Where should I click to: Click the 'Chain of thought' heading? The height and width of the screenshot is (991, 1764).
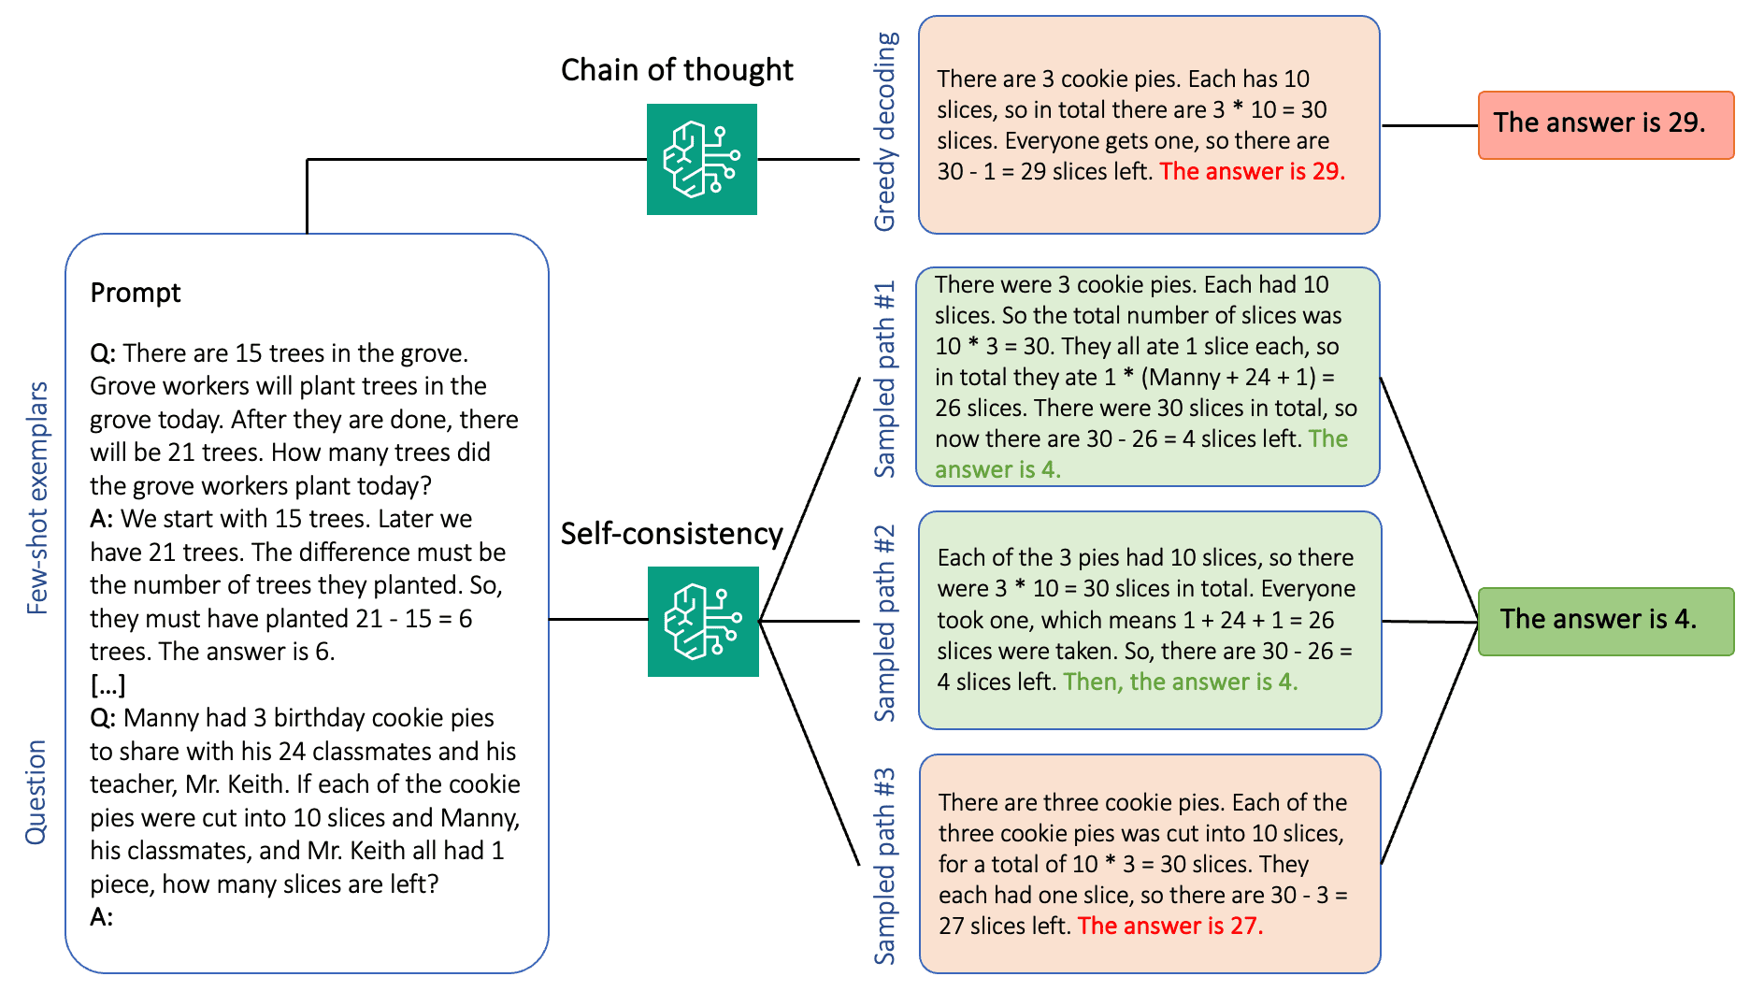click(x=677, y=70)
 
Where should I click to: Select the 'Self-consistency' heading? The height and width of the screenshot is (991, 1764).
click(x=671, y=534)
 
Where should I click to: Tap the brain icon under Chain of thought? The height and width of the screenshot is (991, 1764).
click(x=702, y=159)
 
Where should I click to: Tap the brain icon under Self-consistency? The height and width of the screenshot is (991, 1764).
click(x=703, y=622)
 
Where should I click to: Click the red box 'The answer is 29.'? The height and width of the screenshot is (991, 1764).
click(x=1605, y=125)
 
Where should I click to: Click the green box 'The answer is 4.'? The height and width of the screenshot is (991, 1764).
click(x=1605, y=621)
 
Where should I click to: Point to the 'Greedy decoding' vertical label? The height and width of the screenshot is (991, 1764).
click(x=884, y=132)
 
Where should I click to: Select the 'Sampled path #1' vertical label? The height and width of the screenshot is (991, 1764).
click(x=884, y=380)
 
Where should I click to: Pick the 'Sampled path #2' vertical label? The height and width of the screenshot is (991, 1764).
click(x=884, y=623)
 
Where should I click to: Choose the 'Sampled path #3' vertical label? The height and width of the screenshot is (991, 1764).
click(x=884, y=867)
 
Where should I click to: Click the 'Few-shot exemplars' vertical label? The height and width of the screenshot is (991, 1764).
click(x=37, y=497)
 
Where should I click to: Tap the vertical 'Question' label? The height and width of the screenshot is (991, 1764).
click(x=36, y=792)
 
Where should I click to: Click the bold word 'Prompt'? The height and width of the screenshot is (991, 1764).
click(x=136, y=293)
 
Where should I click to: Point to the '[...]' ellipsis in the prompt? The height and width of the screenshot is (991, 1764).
click(x=108, y=685)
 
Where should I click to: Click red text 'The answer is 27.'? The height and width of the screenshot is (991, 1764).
click(x=1169, y=926)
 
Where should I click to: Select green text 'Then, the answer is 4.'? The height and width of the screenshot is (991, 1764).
click(x=1180, y=682)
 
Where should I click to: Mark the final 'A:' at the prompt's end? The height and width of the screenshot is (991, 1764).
click(x=102, y=917)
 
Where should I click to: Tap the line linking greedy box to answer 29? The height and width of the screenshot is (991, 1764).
click(x=1429, y=125)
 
